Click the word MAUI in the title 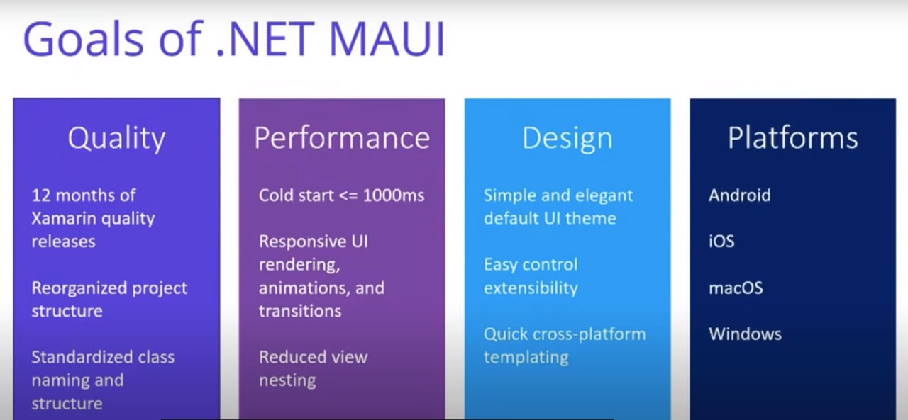[x=387, y=39]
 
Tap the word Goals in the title [x=84, y=39]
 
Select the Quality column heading [x=117, y=139]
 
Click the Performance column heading [x=342, y=138]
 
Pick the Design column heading [x=567, y=139]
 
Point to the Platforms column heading [x=793, y=138]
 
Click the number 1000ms [x=394, y=195]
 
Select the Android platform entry [x=740, y=195]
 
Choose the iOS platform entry [x=721, y=242]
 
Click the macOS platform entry [x=736, y=288]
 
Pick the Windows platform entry [x=745, y=334]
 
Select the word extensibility [x=531, y=288]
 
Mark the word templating [x=526, y=358]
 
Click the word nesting [x=287, y=381]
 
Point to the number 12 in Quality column [x=41, y=196]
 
